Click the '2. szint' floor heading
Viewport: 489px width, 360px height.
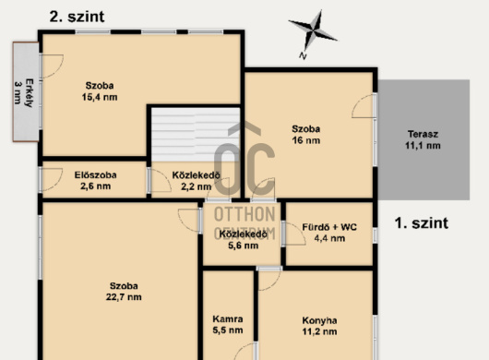click(x=77, y=17)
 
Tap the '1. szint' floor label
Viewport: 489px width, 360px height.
click(x=422, y=223)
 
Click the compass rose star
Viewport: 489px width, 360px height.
click(x=313, y=30)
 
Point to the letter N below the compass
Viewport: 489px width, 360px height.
click(x=303, y=55)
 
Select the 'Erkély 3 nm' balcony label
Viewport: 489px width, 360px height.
click(x=24, y=93)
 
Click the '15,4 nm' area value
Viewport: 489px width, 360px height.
click(x=100, y=97)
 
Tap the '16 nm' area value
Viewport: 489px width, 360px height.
click(x=306, y=140)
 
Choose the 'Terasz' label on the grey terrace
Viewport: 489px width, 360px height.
click(x=423, y=134)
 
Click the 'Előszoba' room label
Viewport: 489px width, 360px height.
click(x=95, y=175)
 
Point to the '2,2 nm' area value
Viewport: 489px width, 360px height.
click(x=197, y=186)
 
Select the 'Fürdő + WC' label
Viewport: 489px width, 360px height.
click(x=329, y=227)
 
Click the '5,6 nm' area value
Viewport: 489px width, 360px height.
click(x=244, y=246)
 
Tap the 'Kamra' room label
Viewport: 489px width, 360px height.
click(x=228, y=319)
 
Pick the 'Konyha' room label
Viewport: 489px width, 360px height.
click(x=319, y=320)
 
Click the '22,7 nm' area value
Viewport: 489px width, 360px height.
click(x=124, y=297)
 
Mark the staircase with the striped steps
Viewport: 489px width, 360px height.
click(x=196, y=135)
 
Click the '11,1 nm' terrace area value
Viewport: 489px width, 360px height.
click(x=423, y=146)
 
